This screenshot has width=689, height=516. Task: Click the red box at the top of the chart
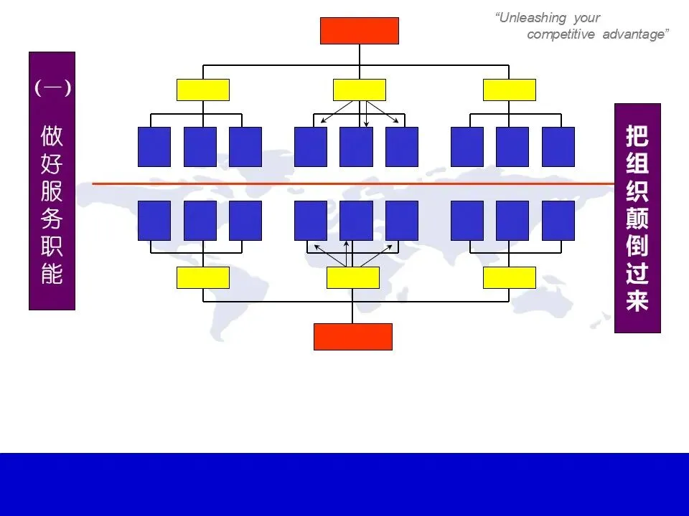coord(359,31)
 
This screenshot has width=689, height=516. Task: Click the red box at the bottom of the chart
coord(353,337)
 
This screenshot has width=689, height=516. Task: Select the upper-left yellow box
coord(203,90)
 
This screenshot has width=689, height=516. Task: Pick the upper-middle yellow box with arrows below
coord(360,90)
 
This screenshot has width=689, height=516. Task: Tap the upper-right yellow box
coord(510,90)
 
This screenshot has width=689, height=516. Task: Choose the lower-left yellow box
coord(203,277)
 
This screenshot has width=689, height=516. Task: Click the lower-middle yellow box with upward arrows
coord(353,277)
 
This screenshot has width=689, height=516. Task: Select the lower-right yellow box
coord(510,277)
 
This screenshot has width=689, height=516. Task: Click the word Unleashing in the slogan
coord(532,18)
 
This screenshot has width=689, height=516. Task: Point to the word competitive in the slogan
coord(561,35)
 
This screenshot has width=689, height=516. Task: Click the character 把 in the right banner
coord(637,137)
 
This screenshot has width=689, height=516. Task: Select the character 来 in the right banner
coord(637,301)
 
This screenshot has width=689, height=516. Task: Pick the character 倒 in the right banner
coord(637,246)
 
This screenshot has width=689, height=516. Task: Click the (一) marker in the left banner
coord(52,88)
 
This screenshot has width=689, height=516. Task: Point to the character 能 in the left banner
coord(52,274)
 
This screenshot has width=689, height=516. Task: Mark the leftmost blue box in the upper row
coord(154,147)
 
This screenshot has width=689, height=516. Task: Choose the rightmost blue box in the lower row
coord(558,221)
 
